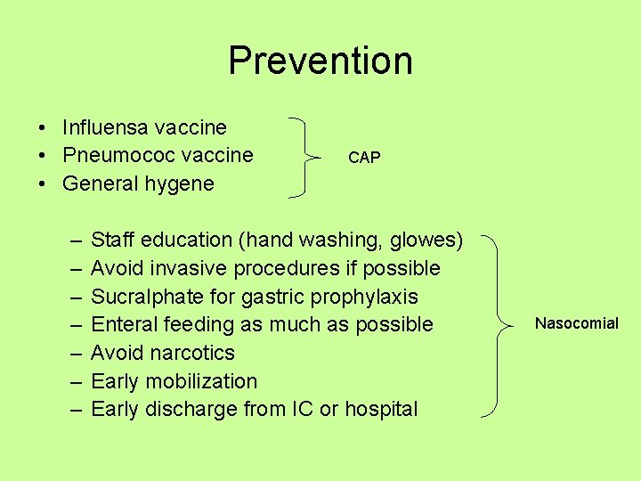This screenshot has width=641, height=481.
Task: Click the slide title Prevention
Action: coord(320,61)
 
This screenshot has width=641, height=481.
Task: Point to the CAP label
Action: coord(364,158)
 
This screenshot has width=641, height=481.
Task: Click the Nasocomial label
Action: coord(576,323)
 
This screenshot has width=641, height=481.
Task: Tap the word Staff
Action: coord(112,240)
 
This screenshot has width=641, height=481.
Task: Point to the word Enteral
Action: coord(122,324)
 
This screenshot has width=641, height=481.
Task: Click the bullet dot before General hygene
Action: coord(42,184)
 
